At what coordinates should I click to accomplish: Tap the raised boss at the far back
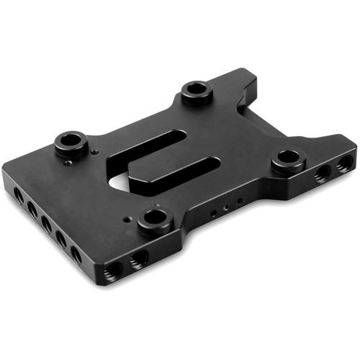196,90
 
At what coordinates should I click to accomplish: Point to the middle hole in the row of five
47,223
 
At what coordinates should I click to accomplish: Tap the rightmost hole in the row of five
76,254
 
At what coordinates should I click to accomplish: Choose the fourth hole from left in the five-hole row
61,238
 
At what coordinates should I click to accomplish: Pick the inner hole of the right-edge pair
322,172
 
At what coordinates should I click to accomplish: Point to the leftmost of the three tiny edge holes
214,214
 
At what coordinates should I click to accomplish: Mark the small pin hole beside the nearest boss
127,217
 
